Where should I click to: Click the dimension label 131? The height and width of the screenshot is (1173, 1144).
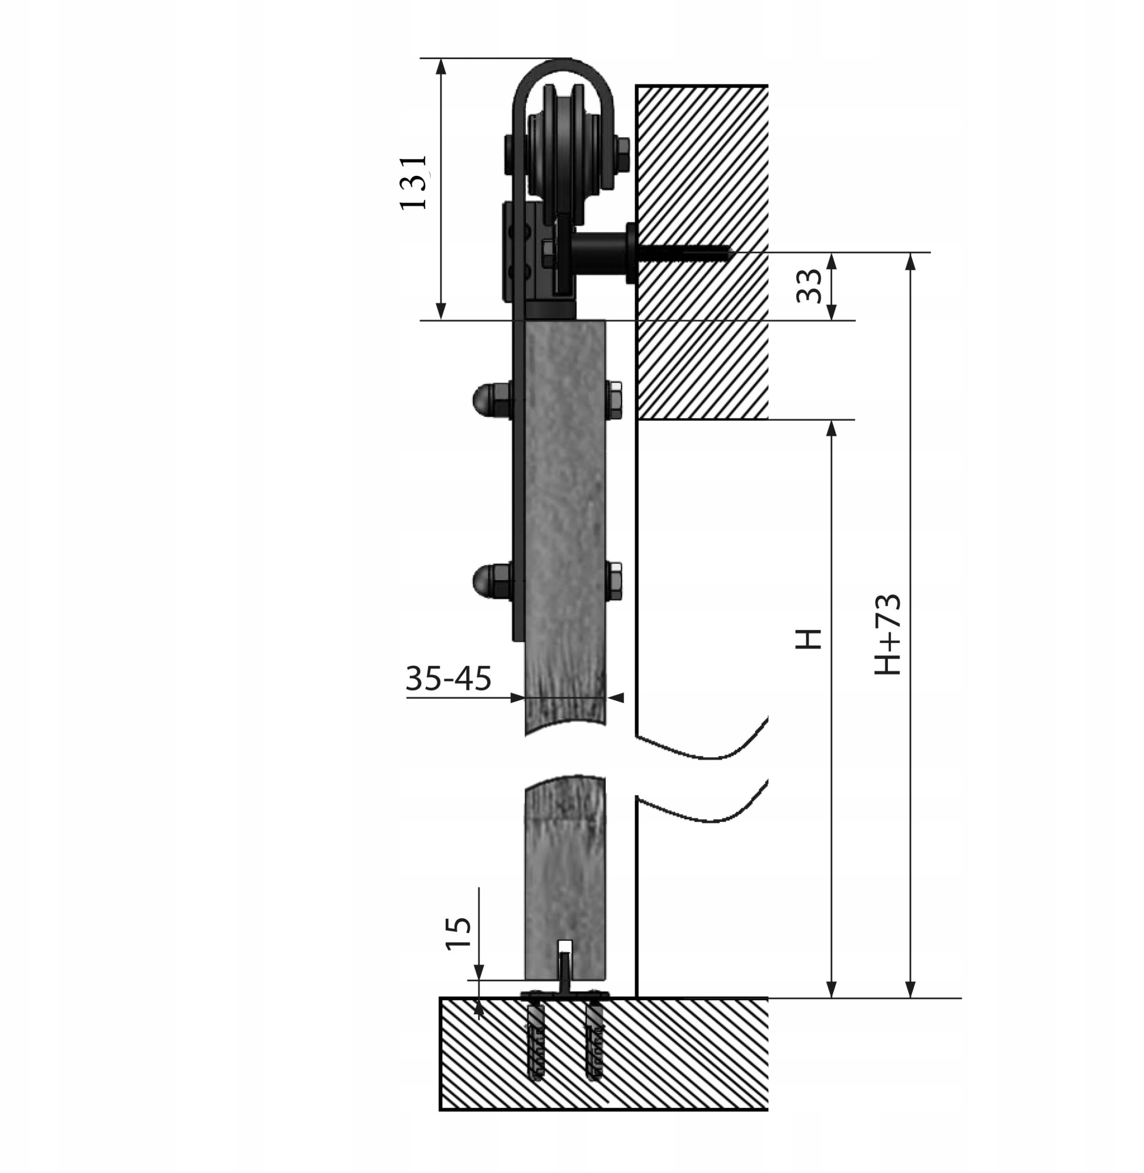tap(413, 182)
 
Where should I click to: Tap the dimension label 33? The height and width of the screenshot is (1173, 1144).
tap(809, 286)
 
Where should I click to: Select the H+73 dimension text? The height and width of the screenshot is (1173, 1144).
tap(887, 634)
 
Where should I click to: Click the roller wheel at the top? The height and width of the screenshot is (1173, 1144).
tap(563, 147)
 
